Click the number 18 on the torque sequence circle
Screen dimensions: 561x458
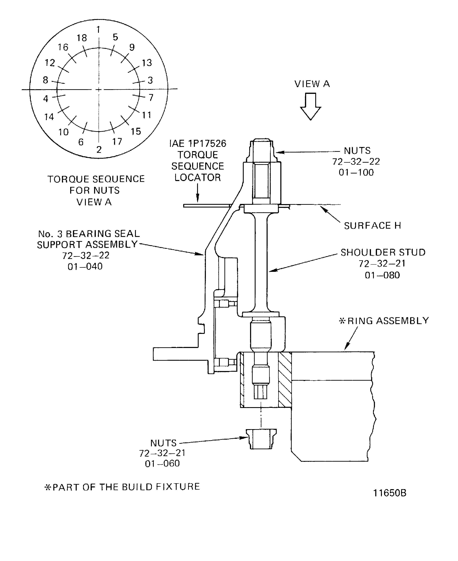point(82,38)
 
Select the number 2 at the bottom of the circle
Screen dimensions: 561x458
point(99,150)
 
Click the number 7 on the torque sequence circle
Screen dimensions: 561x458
point(151,98)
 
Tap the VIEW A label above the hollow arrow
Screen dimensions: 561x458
point(312,84)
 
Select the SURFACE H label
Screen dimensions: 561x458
point(372,226)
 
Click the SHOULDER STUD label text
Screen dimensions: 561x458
point(383,252)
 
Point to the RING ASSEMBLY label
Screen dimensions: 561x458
point(387,321)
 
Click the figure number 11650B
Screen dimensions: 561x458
point(390,493)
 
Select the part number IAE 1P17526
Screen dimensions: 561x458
point(198,144)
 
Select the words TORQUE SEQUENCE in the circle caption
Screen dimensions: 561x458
point(96,179)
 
